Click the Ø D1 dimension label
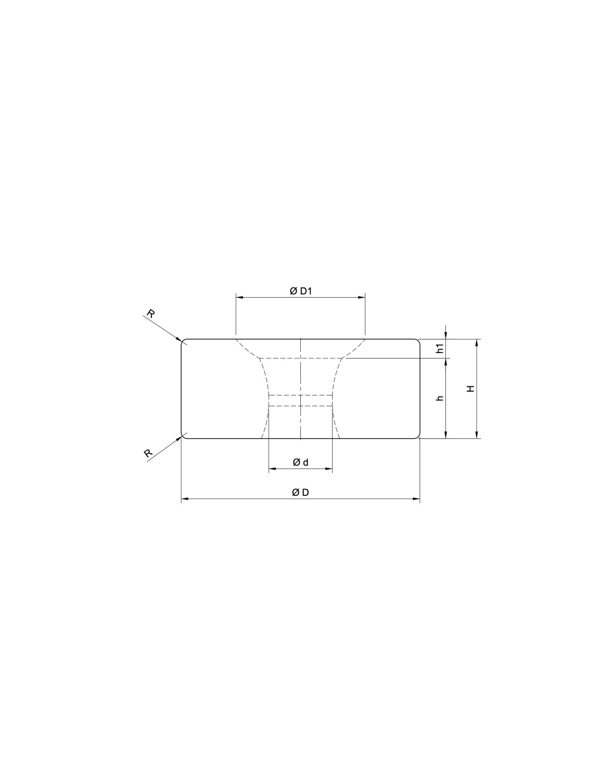[300, 291]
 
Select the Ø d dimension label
[300, 463]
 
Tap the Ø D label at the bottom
[300, 493]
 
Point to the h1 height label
[440, 349]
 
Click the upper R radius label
[150, 314]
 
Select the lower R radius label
[149, 453]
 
